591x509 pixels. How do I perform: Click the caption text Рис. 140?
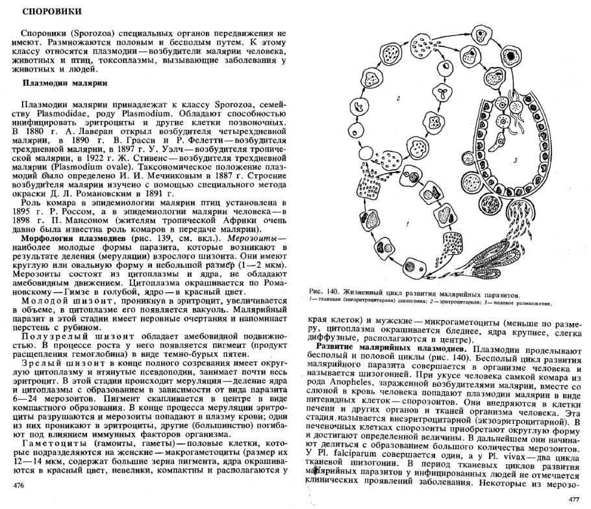[x=327, y=294]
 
